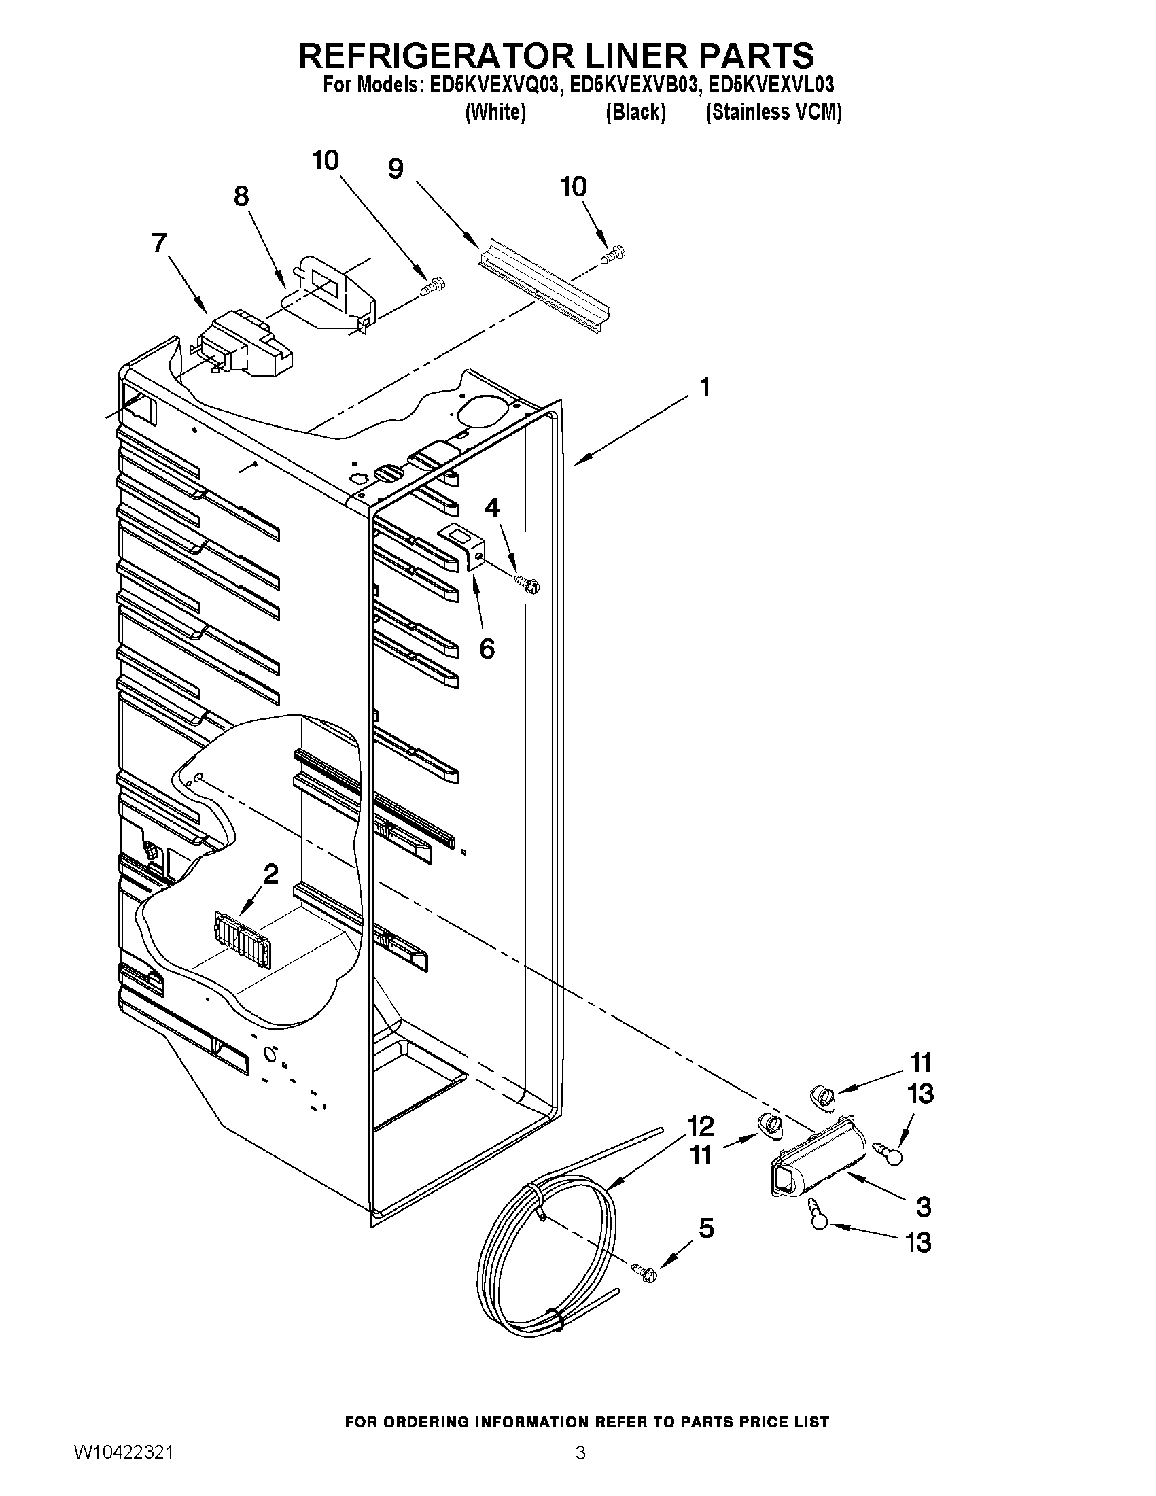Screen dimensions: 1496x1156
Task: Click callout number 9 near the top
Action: coord(396,169)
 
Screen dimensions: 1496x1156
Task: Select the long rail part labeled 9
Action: coord(541,288)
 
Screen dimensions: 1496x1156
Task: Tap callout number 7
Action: coord(159,243)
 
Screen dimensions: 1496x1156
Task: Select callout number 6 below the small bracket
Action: coord(487,648)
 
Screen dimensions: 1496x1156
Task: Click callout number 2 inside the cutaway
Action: coord(271,873)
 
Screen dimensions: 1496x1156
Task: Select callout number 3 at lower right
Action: coord(923,1207)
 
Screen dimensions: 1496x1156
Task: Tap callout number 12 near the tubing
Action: coord(700,1126)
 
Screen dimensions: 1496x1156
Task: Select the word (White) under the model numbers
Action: coord(495,112)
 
